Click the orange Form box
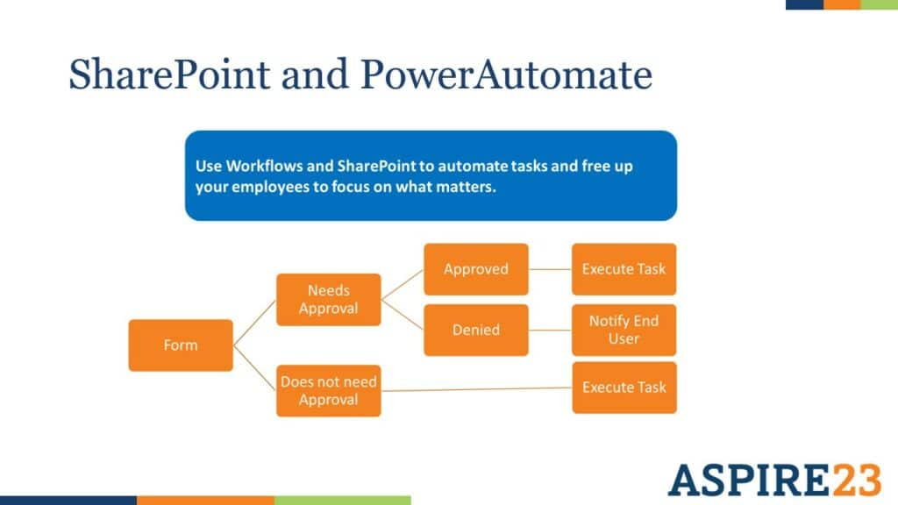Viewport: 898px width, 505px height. (181, 345)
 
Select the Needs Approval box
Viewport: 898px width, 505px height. (329, 299)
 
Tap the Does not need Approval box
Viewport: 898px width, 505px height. (329, 390)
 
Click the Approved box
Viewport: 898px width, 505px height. (476, 268)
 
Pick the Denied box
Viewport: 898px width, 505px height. (476, 330)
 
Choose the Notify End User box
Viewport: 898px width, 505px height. (624, 330)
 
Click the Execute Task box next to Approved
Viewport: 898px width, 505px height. (624, 268)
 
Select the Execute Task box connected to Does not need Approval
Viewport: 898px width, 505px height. (624, 387)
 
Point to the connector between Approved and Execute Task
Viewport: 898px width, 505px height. (550, 268)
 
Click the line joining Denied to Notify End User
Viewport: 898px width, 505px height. (550, 330)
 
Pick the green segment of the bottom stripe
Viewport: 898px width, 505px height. (342, 500)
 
